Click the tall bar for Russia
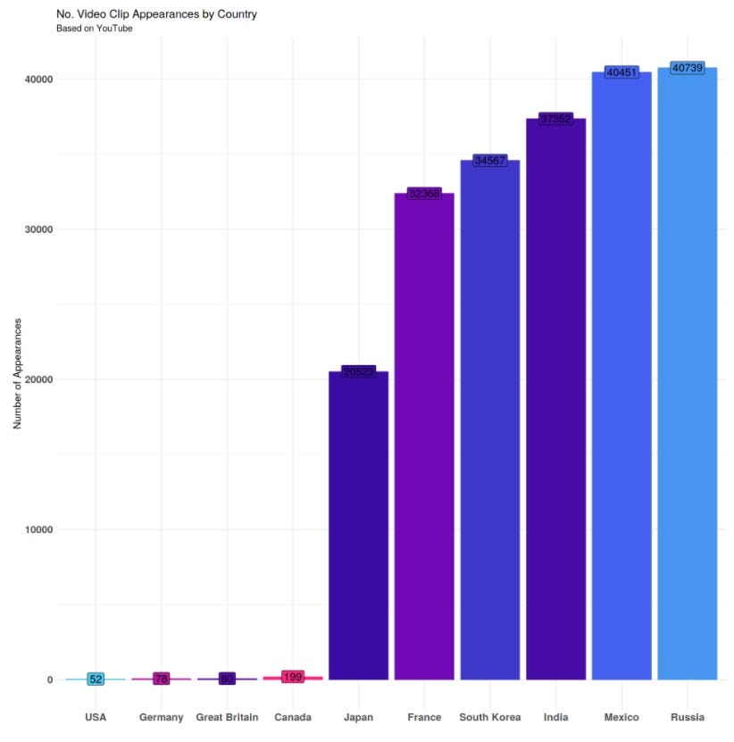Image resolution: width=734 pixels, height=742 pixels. coord(687,375)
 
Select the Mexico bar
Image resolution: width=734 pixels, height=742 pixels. coord(621,375)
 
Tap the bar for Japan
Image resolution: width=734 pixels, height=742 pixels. coord(358,527)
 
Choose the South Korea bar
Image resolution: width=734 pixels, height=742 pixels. coord(489,420)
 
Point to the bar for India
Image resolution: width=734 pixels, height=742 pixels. coord(555,402)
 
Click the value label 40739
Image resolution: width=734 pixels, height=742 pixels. coord(687,68)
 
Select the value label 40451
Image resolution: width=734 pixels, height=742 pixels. coord(621,71)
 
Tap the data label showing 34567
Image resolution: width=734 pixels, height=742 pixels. coord(489,160)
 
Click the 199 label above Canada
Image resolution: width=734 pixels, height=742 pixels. coord(293,677)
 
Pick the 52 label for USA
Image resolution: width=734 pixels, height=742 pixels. coord(96,679)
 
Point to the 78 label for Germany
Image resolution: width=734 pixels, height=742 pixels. coord(162,679)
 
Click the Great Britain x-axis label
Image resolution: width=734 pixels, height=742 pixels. coord(227,718)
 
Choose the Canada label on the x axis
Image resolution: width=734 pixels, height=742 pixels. coord(293,718)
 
